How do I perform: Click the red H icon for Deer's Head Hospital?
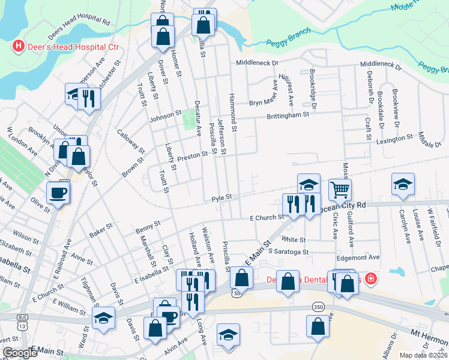coord(18,46)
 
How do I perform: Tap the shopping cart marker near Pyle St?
coord(340,190)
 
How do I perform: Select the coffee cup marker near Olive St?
coord(58,193)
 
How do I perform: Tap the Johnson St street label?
coord(165,115)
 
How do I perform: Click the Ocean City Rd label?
coord(344,205)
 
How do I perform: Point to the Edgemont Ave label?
coord(360,257)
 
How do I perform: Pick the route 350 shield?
coord(318,307)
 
